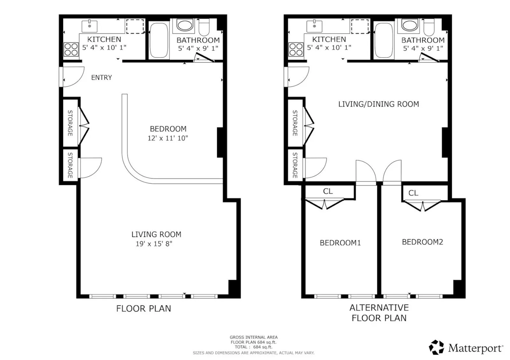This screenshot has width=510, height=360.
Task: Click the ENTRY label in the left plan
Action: tap(101, 77)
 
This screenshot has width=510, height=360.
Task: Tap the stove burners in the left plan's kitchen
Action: tap(71, 49)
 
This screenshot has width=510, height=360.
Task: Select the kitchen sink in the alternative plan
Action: tap(314, 26)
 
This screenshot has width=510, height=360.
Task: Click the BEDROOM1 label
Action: tap(340, 243)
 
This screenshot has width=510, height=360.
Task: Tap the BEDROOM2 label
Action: tap(422, 242)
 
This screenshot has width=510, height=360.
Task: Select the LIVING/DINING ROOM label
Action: tap(378, 104)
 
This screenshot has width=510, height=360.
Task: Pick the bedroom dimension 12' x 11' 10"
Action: tap(168, 138)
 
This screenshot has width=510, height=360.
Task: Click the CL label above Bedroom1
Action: tap(328, 191)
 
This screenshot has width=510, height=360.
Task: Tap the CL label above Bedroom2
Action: tap(413, 193)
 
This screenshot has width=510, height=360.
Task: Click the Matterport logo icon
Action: tap(436, 347)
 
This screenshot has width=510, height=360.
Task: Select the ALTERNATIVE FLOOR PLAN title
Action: tap(379, 313)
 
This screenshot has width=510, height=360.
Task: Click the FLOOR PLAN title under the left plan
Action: tap(143, 309)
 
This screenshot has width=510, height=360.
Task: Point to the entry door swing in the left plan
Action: tap(73, 77)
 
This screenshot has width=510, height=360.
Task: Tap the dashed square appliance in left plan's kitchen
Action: tap(135, 26)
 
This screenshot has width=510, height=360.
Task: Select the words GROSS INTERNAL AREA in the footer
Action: tap(253, 337)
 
